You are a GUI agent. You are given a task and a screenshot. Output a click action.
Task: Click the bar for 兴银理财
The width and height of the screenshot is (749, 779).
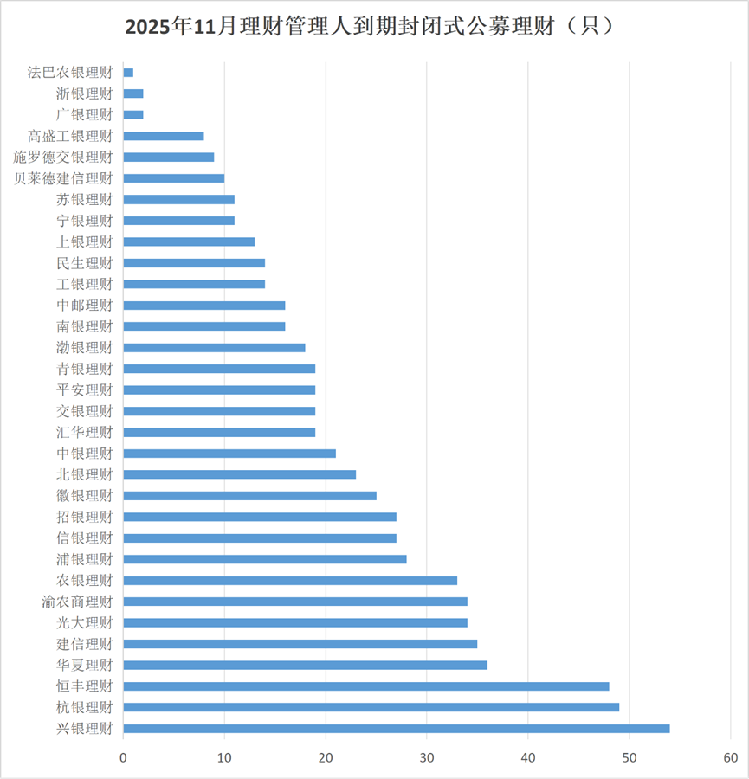pos(397,728)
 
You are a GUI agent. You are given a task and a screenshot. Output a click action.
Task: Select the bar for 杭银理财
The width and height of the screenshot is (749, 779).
pos(371,707)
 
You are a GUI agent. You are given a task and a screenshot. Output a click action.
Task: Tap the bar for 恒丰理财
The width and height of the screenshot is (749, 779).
pos(366,686)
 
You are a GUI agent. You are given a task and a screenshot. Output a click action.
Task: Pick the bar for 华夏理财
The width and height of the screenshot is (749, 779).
pos(306,665)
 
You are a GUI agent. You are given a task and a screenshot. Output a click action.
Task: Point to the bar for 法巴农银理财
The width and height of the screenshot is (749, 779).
pos(128,73)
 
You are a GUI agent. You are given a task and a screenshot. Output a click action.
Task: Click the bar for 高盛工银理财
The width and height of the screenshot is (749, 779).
pos(164,136)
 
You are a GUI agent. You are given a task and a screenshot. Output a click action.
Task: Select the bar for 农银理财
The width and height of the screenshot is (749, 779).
pos(290,580)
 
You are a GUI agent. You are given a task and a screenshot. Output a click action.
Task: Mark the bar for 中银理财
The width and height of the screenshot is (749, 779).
pos(229,454)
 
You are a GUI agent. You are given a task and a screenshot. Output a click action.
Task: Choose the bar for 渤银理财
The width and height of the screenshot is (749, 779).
pos(215,348)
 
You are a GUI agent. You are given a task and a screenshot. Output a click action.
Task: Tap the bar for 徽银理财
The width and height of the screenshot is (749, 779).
pos(250,496)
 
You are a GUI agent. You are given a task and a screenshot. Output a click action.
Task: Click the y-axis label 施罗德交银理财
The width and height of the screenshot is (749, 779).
pos(64,158)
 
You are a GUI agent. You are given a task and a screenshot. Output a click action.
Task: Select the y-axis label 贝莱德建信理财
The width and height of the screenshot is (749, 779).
pos(64,178)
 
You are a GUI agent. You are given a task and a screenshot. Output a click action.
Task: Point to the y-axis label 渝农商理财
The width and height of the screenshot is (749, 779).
pos(77,602)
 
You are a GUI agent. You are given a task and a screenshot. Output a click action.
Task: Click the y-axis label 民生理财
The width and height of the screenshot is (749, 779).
pos(84,263)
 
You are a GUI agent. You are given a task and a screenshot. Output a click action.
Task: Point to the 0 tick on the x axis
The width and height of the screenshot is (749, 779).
pos(124,757)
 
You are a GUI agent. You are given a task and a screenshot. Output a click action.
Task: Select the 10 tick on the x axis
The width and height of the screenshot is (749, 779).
pos(225,757)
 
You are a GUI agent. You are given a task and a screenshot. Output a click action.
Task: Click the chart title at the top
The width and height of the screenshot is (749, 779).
pos(374,26)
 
